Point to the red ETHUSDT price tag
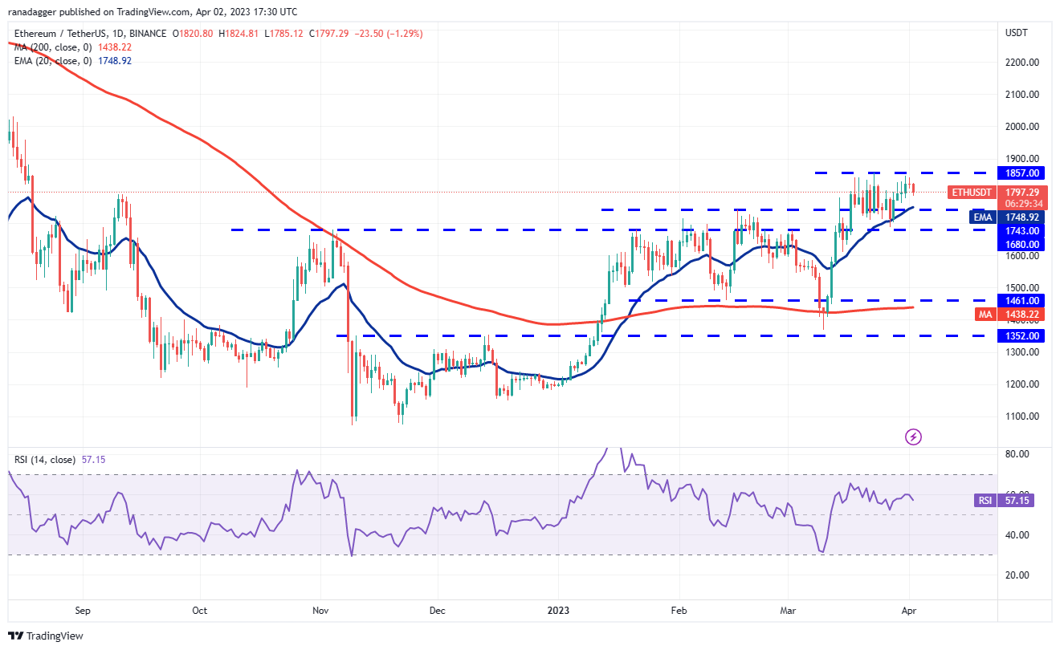click(x=972, y=193)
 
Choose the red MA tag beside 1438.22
click(x=985, y=314)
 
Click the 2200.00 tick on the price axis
click(x=1023, y=62)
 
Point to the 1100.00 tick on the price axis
click(x=1023, y=416)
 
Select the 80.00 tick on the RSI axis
click(x=1017, y=454)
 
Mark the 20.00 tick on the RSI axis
click(x=1017, y=575)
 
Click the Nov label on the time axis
click(x=320, y=610)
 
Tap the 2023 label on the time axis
click(x=558, y=610)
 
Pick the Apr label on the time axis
click(x=908, y=610)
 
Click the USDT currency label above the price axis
click(x=1016, y=33)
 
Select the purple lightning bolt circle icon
click(x=913, y=437)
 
